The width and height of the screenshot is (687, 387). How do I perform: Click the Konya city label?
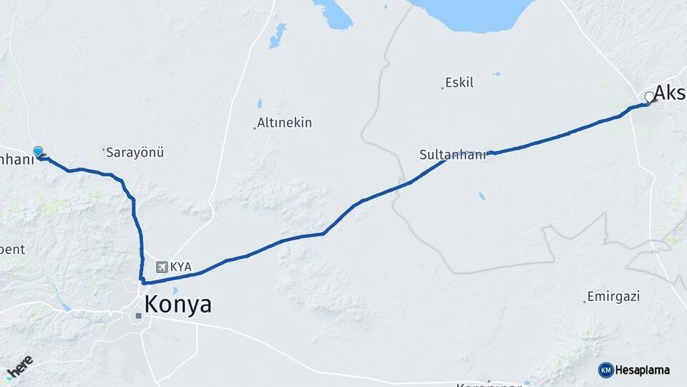pyautogui.click(x=178, y=305)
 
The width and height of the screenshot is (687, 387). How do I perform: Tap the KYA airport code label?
pyautogui.click(x=181, y=267)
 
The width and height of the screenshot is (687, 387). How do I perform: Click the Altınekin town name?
pyautogui.click(x=285, y=123)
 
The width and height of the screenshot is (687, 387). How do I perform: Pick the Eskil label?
pyautogui.click(x=459, y=83)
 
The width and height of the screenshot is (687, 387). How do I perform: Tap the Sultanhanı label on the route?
pyautogui.click(x=452, y=154)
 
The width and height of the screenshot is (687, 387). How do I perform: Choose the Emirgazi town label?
pyautogui.click(x=613, y=296)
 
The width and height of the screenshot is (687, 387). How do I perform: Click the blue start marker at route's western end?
pyautogui.click(x=38, y=151)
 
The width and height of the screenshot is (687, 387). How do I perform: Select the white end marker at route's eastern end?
pyautogui.click(x=650, y=97)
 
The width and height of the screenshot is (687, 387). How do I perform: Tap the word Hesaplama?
pyautogui.click(x=643, y=371)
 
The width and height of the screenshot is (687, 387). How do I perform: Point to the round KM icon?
pyautogui.click(x=606, y=371)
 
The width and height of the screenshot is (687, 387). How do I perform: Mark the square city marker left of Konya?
pyautogui.click(x=138, y=315)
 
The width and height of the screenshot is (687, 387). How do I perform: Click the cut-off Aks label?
pyautogui.click(x=670, y=92)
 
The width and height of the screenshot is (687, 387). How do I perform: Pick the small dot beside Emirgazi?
pyautogui.click(x=585, y=302)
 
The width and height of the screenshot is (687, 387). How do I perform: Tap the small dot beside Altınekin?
pyautogui.click(x=255, y=128)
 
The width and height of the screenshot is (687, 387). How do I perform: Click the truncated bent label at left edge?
pyautogui.click(x=13, y=249)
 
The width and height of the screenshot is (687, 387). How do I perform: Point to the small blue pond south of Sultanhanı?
pyautogui.click(x=482, y=196)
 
